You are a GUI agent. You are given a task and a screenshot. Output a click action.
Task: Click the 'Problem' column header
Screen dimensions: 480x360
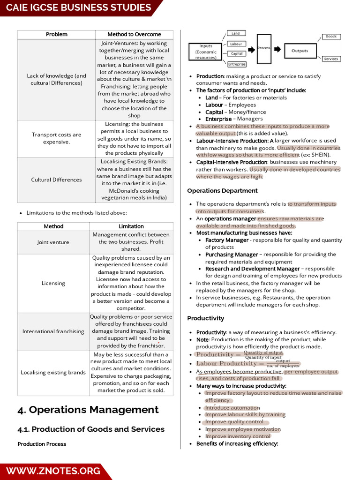coord(56,34)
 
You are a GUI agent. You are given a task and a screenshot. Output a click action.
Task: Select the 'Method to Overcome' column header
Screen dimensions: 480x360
coord(134,34)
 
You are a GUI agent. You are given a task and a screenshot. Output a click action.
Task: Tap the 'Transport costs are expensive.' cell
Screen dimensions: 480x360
coord(56,138)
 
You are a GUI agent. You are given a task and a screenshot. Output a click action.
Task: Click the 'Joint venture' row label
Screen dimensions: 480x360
coord(53,242)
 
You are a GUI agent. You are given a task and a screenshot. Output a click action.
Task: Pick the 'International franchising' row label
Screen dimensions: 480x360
coord(53,331)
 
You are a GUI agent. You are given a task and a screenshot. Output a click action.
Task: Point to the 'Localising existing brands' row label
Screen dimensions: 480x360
coord(53,373)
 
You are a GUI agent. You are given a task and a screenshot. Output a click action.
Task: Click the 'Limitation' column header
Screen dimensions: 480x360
coord(131,226)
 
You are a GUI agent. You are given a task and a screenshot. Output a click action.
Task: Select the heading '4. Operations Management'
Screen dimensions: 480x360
coord(88,410)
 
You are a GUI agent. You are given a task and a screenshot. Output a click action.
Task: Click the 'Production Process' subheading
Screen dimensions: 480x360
coord(42,444)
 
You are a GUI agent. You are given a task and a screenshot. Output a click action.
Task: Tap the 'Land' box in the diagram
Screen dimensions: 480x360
coord(236,33)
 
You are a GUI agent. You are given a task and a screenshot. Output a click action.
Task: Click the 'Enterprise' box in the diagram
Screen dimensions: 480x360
coord(236,64)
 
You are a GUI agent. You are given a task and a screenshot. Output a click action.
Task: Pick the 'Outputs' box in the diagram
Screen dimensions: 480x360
coord(300,51)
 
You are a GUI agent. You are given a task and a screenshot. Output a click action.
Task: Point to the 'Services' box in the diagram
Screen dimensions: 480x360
coord(331,59)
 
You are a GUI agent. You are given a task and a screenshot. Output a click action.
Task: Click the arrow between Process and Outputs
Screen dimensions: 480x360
coord(277,49)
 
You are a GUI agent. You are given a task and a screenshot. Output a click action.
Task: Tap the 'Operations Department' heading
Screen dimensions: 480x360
coord(222,191)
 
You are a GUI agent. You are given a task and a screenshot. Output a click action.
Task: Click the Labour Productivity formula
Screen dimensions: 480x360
coord(247,364)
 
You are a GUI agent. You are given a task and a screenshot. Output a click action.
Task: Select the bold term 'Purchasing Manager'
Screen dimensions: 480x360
coord(232,255)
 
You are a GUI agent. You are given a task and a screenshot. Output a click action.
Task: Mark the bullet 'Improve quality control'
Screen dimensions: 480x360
coord(234,422)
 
